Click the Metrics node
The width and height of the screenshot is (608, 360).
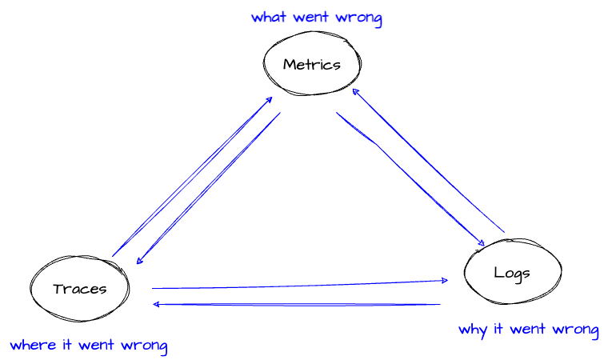click(312, 65)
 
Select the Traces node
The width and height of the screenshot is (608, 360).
click(80, 289)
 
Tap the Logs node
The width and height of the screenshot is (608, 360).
click(512, 272)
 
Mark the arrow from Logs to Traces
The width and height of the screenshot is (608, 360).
click(296, 305)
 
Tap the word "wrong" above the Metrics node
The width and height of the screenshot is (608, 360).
click(359, 18)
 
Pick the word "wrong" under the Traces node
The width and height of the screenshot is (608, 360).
click(145, 346)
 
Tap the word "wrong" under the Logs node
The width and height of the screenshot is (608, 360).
click(575, 330)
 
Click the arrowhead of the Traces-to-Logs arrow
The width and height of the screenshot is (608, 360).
click(444, 281)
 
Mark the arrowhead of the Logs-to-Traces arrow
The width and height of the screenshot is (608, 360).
click(157, 304)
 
